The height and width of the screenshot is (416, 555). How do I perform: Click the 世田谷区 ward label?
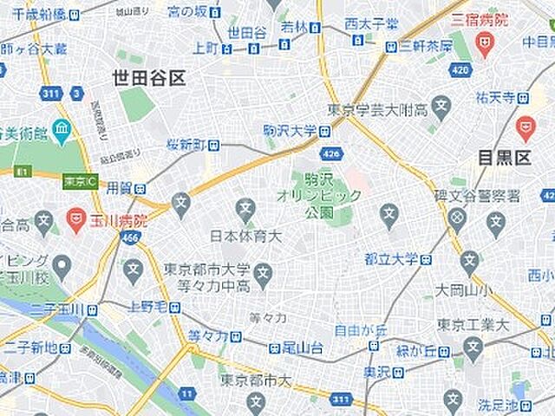pos(148,79)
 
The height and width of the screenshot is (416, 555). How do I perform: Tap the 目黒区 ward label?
pos(504,158)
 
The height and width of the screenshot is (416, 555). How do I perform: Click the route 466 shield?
pos(130,238)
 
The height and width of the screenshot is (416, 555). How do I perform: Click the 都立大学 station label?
pos(391,259)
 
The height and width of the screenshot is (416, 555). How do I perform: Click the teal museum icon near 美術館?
pos(61,133)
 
